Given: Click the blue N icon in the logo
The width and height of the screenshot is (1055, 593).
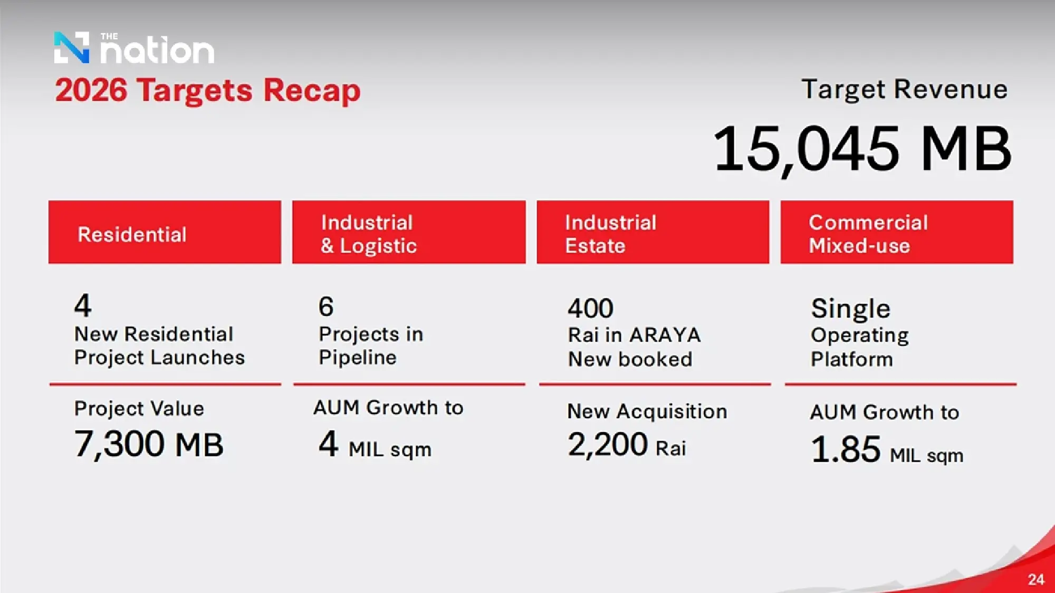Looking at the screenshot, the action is point(72,47).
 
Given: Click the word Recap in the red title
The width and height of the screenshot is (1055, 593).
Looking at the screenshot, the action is point(312,91).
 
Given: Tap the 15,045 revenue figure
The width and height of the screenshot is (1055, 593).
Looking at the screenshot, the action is point(805,149).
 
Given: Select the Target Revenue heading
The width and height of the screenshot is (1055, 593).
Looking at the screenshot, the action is point(905,89).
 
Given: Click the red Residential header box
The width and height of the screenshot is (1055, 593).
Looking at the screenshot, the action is point(165,232).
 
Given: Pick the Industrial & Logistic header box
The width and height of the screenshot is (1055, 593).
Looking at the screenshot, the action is point(409,232).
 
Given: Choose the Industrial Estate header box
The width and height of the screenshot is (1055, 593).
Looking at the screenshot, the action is point(653,232).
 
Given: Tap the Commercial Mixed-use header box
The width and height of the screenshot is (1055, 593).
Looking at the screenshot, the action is point(897,232).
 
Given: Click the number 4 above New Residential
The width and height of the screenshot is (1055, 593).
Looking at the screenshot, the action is point(83,305).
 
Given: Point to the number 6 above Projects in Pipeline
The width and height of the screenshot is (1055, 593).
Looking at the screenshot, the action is point(326,306).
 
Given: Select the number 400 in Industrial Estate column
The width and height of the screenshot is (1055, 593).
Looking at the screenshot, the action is point(590,308).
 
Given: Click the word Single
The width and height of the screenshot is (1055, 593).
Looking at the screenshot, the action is point(850,309).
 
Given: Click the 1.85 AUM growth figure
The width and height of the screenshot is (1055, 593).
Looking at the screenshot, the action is point(846,450).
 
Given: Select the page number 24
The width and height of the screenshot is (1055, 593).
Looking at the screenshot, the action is point(1036,580).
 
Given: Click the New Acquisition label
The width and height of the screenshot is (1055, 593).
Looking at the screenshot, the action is point(647,412).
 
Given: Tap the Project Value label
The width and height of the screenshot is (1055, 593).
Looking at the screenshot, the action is point(139,409).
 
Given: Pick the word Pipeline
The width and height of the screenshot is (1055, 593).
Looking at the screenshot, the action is point(358,358).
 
